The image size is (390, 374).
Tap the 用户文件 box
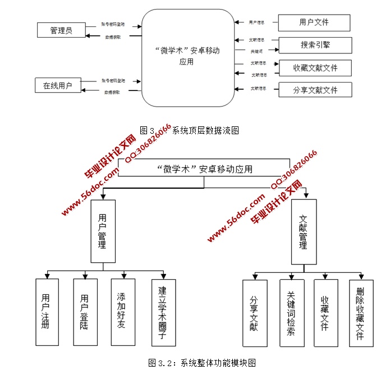pos(314,22)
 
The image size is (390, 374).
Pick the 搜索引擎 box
pos(315,45)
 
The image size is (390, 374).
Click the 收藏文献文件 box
pos(315,68)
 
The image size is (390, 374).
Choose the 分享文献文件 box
pos(315,90)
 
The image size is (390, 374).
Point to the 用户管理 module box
pos(103,231)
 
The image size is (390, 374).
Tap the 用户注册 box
pos(47,312)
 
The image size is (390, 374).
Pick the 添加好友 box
pos(122,312)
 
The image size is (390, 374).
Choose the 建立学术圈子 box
pos(163,312)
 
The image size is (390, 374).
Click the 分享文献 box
pos(255,313)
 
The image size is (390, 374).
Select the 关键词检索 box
pos(292,313)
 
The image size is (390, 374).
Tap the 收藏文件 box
pos(325,313)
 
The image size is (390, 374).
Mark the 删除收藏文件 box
pos(361,313)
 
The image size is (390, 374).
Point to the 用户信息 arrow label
pos(258,23)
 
